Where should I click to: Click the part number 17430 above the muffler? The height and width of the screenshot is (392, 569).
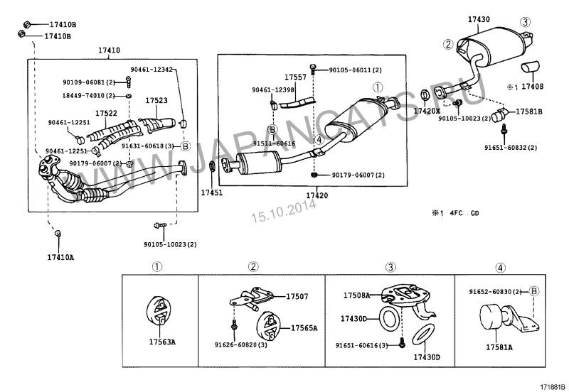click(x=478, y=20)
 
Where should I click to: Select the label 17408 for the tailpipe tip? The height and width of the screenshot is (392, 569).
click(x=532, y=87)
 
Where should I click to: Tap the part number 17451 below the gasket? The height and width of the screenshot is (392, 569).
click(x=211, y=192)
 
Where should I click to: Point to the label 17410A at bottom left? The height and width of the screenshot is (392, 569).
click(x=60, y=256)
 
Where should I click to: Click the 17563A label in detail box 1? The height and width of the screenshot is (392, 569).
click(x=162, y=342)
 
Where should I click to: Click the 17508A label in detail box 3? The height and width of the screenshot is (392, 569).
click(x=357, y=295)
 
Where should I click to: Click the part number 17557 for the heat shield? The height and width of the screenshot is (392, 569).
click(x=295, y=76)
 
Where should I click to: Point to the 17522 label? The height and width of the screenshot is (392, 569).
click(x=106, y=114)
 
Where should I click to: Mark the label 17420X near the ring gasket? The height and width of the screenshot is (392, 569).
click(x=427, y=111)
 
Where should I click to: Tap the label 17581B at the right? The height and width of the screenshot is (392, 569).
click(x=529, y=111)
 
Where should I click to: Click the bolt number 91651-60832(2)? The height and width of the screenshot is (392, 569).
click(x=511, y=147)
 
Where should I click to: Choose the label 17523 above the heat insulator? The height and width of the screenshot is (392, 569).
click(x=156, y=101)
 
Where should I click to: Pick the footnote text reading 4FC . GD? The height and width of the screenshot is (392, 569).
click(x=466, y=213)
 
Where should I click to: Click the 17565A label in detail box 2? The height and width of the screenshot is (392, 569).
click(x=304, y=328)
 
